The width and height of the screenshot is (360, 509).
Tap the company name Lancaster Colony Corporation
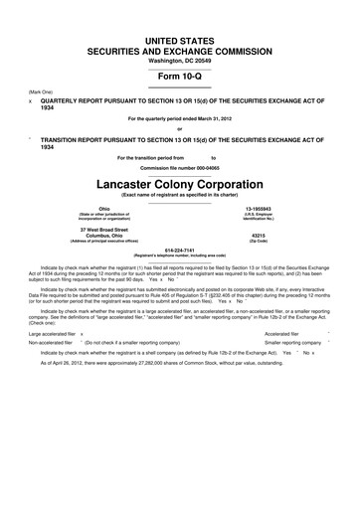coord(180,157)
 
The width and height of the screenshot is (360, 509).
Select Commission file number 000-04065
coord(180,143)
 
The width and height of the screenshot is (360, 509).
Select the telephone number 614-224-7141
coord(180,223)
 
